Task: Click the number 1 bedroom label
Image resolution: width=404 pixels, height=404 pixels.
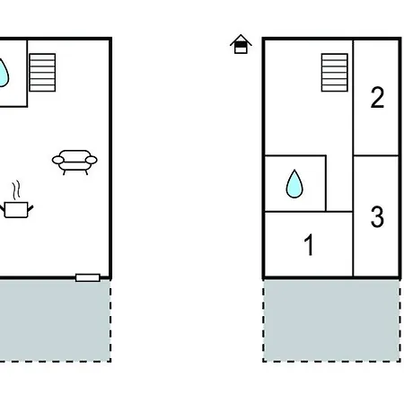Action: point(309,245)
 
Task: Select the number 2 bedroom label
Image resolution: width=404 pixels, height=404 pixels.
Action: point(377,98)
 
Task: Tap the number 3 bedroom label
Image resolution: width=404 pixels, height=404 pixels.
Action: point(377,216)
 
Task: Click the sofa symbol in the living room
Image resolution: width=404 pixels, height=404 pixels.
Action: point(75,162)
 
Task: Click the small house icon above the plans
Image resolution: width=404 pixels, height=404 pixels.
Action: point(241,44)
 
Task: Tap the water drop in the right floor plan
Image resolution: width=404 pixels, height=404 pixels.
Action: point(294,184)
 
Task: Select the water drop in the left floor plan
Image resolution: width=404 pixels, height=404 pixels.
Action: point(3,73)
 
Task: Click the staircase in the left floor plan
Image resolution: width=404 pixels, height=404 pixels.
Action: point(42,73)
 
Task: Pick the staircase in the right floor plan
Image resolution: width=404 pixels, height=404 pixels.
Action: point(335,73)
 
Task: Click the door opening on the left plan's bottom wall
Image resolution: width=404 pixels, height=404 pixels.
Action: point(88,277)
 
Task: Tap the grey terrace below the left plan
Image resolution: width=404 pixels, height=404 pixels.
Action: point(56,321)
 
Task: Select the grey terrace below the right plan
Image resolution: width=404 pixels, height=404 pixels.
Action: point(331,321)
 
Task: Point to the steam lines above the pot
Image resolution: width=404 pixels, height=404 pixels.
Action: point(17,189)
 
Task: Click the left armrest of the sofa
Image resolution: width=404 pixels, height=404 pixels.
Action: point(57,160)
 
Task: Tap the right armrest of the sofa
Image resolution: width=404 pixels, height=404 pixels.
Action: point(92,160)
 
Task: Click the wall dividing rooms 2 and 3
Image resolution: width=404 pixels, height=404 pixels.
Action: point(376,155)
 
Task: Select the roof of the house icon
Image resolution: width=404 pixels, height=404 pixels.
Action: point(241,40)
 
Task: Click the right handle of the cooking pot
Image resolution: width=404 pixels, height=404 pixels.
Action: point(31,208)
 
